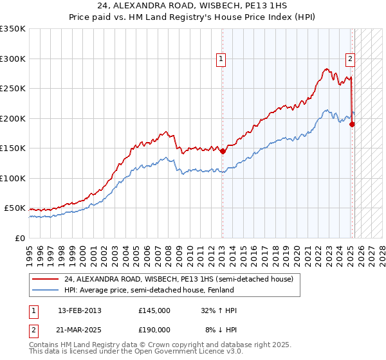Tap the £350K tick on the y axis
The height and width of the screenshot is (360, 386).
click(x=13, y=29)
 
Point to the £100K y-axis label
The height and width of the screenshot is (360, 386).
click(x=13, y=178)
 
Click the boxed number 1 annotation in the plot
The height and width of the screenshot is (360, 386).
click(x=221, y=59)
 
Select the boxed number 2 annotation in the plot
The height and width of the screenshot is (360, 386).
click(x=351, y=59)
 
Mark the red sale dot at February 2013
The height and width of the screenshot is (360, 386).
click(x=223, y=152)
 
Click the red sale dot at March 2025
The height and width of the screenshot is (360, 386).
click(x=352, y=125)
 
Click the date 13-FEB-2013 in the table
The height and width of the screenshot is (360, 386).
click(x=80, y=310)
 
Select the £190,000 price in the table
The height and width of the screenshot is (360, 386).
click(x=154, y=329)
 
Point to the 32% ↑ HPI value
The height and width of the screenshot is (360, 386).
click(x=219, y=310)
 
